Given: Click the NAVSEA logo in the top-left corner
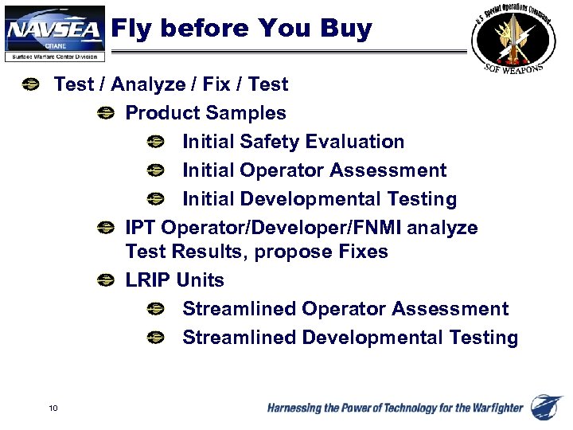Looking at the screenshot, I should [x=53, y=33].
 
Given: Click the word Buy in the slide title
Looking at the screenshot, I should [x=346, y=29].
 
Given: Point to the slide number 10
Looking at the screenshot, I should [x=53, y=408].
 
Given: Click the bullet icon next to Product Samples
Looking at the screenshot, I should [x=104, y=113].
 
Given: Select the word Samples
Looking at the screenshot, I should [x=248, y=113].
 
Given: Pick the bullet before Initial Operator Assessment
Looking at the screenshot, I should [x=155, y=170].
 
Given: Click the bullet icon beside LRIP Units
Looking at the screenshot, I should [x=104, y=280].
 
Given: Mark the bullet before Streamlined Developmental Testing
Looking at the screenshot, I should [x=155, y=338].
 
